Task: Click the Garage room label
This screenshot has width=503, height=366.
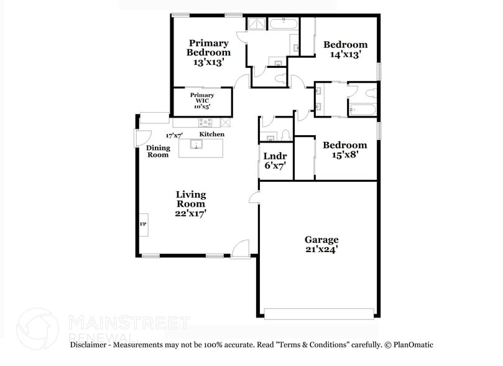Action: pos(321,240)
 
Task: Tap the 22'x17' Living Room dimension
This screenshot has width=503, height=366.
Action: pos(190,213)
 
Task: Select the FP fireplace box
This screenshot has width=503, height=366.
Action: pos(142,224)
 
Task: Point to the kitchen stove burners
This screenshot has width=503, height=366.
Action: pos(207,123)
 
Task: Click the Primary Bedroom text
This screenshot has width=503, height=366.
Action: pos(208,48)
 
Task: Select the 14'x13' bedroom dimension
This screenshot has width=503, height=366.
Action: pos(345,55)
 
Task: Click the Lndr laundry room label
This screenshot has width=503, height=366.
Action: pos(275,156)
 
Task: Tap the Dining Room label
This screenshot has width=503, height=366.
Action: pos(157,151)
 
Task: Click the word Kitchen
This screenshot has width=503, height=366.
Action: pos(211,134)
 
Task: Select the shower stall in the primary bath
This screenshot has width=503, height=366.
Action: pos(256,25)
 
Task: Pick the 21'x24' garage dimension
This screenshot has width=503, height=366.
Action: pos(321,250)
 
